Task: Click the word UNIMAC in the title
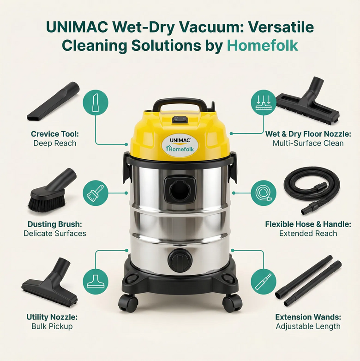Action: point(77,27)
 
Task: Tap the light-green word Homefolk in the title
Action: point(263,45)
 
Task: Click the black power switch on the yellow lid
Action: point(180,120)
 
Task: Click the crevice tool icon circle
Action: point(96,102)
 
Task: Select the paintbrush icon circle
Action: point(96,193)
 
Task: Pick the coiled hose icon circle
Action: point(264,193)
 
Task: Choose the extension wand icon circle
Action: point(264,282)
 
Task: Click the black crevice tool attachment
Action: point(54,102)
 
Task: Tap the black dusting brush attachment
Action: point(52,190)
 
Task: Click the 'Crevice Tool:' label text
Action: point(55,134)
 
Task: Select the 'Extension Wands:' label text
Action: point(308,317)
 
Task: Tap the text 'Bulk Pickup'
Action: point(52,326)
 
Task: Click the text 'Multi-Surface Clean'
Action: point(308,143)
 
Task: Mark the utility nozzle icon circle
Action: point(96,282)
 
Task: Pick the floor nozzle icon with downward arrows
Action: point(264,102)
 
